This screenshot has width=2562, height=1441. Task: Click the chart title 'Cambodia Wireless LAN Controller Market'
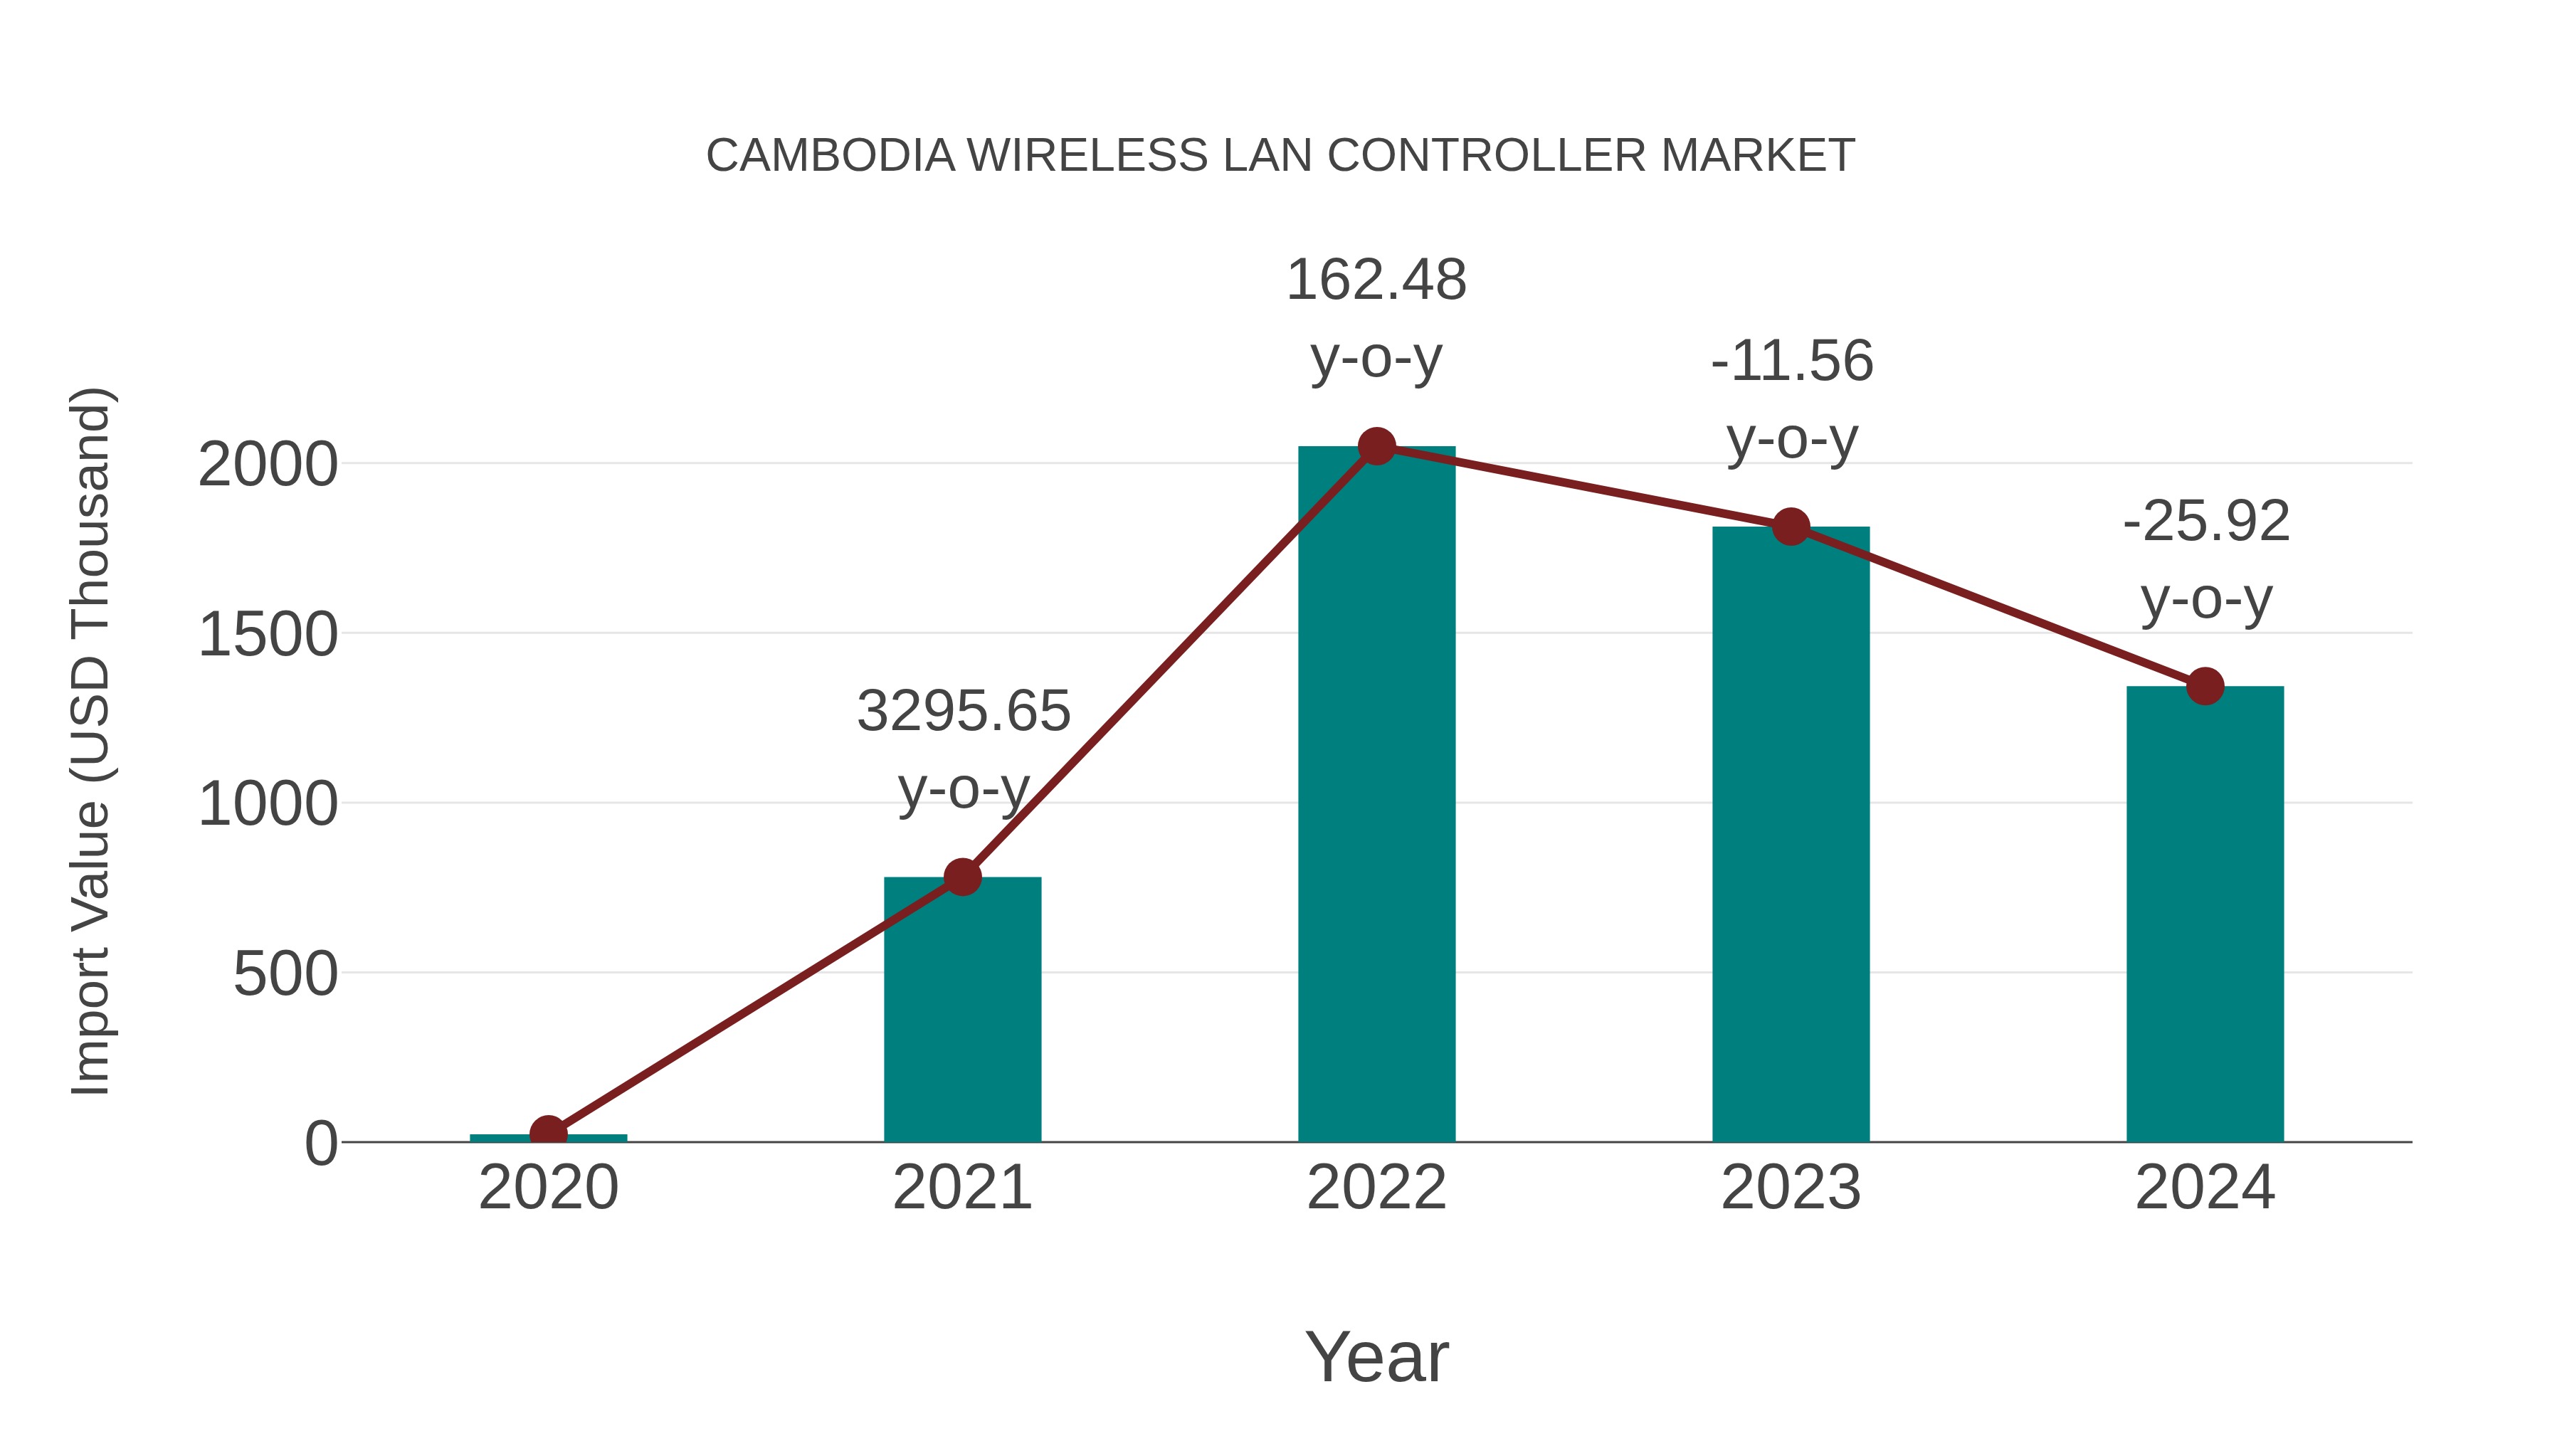click(x=1280, y=156)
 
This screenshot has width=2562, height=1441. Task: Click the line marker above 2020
click(x=548, y=1133)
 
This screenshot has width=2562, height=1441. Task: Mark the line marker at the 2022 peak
click(x=1376, y=446)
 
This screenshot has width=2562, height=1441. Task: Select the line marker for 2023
click(x=1791, y=527)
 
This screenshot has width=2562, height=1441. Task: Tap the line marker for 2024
click(x=2205, y=686)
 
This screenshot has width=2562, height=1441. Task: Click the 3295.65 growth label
click(x=963, y=712)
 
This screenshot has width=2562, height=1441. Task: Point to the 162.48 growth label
click(x=1376, y=280)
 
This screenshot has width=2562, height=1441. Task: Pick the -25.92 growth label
click(x=2206, y=522)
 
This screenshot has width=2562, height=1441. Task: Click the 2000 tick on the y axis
click(x=268, y=465)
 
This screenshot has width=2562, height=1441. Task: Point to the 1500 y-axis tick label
click(x=268, y=635)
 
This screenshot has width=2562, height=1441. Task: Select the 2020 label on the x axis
click(x=548, y=1188)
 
